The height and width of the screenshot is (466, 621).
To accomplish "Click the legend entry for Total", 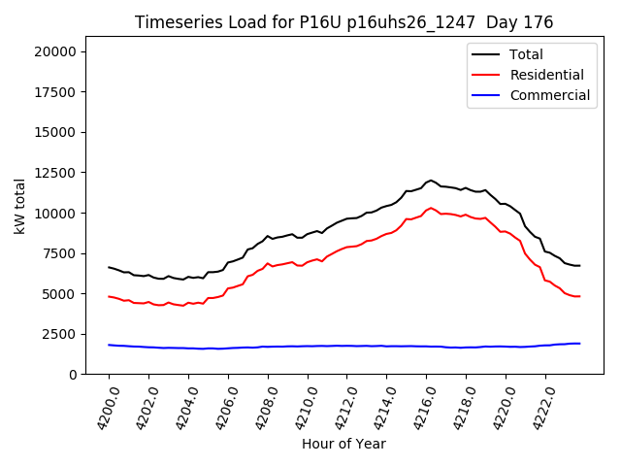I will click(x=526, y=54).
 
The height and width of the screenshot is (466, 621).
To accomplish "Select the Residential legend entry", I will click(x=546, y=75).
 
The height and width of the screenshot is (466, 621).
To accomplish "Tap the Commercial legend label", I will click(x=549, y=95).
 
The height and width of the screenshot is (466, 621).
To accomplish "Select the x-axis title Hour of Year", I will click(x=343, y=444).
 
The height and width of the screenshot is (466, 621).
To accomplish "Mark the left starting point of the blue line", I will click(x=109, y=345).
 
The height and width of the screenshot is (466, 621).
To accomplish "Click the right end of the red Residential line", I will click(x=579, y=296).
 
